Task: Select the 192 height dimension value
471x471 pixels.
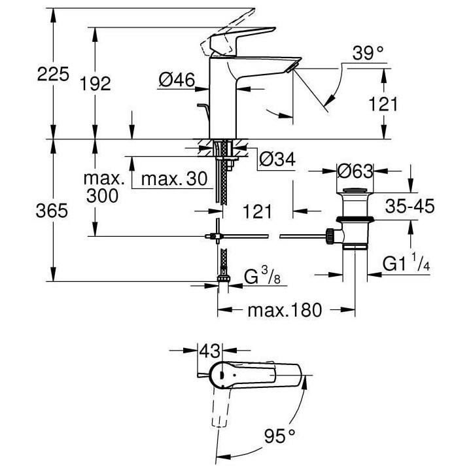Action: (x=96, y=83)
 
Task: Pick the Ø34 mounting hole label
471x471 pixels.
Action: (x=275, y=160)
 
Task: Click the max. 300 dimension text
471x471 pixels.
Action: (x=104, y=187)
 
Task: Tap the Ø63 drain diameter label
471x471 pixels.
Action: (x=355, y=171)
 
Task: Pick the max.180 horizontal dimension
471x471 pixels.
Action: (x=285, y=310)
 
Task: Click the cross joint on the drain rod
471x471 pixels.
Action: (x=214, y=236)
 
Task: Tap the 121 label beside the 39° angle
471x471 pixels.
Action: (x=384, y=104)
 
